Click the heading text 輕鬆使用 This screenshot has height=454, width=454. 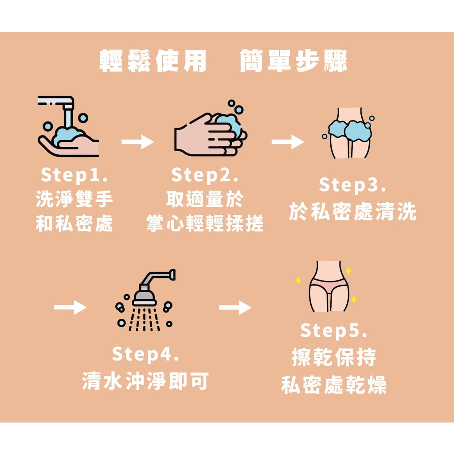pos(153,61)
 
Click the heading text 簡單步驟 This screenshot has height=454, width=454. pos(293,61)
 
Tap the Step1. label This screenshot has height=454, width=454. pos(74,175)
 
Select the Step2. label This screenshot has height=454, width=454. pos(205,175)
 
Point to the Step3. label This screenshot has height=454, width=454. pos(352,185)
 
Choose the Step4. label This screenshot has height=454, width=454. pos(145,355)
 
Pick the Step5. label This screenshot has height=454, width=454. pos(334,331)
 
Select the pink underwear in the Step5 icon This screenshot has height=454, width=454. pos(329,286)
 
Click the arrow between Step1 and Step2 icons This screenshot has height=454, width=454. pos(137,142)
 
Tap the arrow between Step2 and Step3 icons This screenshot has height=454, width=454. pos(288,142)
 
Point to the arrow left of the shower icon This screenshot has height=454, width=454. pos(70,307)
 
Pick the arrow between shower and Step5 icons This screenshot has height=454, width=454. pos(235,307)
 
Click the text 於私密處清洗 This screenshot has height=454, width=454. pos(352,212)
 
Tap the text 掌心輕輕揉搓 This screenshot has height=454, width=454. pos(205,224)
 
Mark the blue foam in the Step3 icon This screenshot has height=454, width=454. pos(350,130)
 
